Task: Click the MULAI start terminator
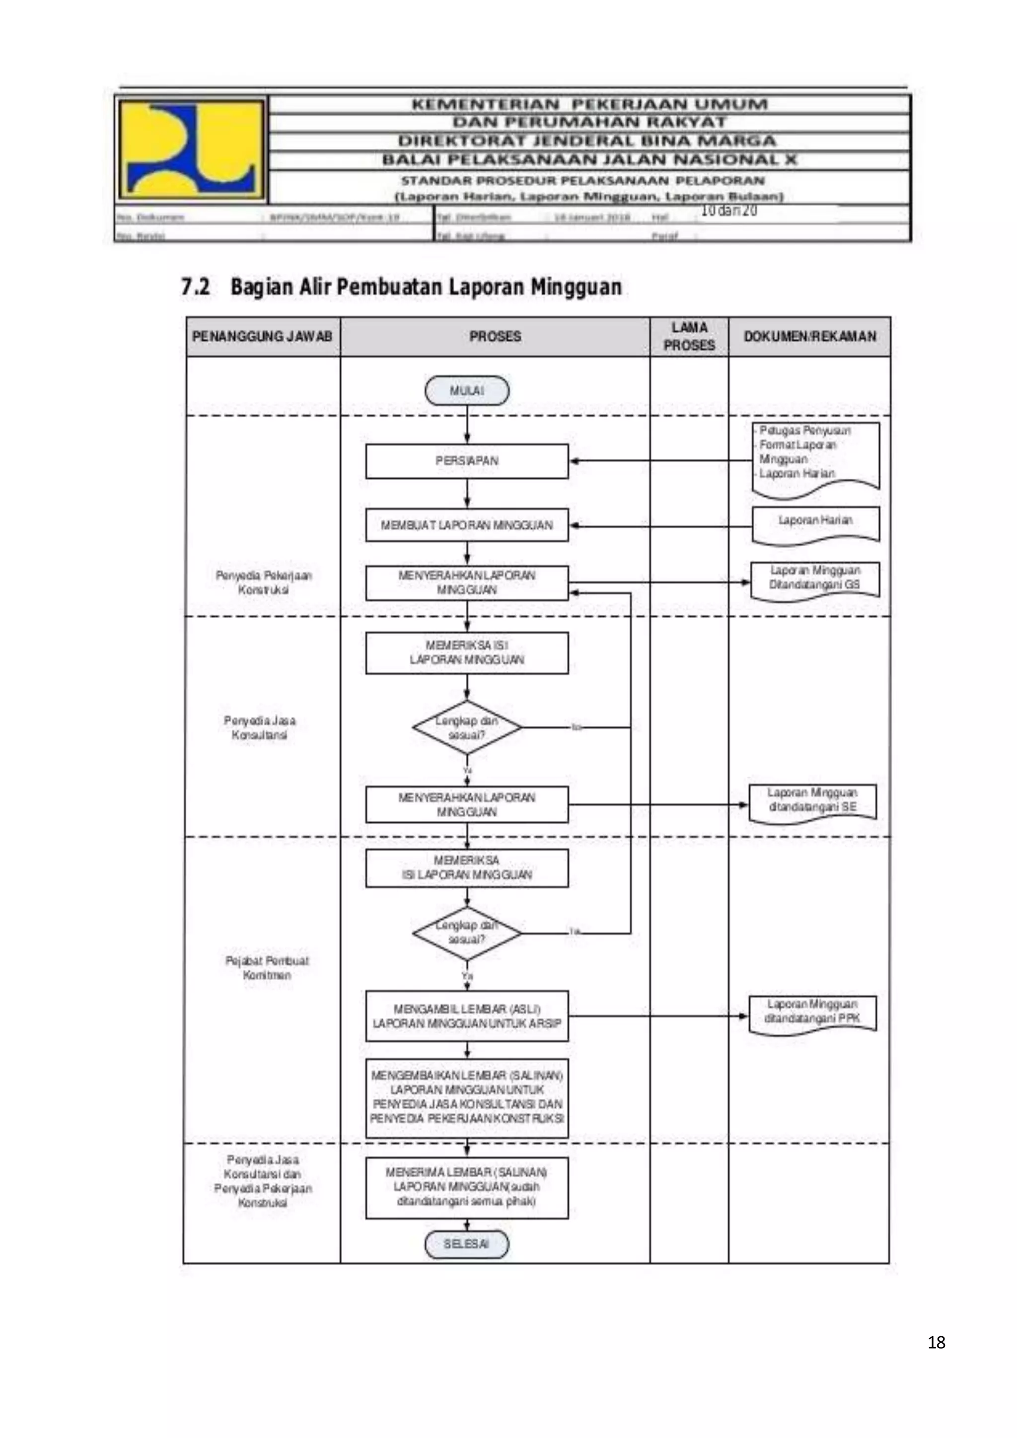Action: click(x=467, y=391)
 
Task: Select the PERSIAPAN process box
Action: click(x=467, y=461)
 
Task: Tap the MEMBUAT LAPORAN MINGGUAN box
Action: click(x=467, y=525)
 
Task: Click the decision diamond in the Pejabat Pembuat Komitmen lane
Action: click(x=467, y=933)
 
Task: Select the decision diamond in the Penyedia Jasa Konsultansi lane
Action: click(x=467, y=728)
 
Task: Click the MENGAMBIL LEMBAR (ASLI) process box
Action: click(x=467, y=1016)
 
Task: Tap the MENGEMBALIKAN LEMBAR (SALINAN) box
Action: click(x=467, y=1097)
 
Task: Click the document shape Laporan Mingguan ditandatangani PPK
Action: click(x=812, y=1012)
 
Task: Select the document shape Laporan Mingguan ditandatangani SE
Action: click(x=812, y=801)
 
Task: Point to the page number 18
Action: click(x=936, y=1342)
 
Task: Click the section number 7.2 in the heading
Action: click(x=195, y=288)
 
